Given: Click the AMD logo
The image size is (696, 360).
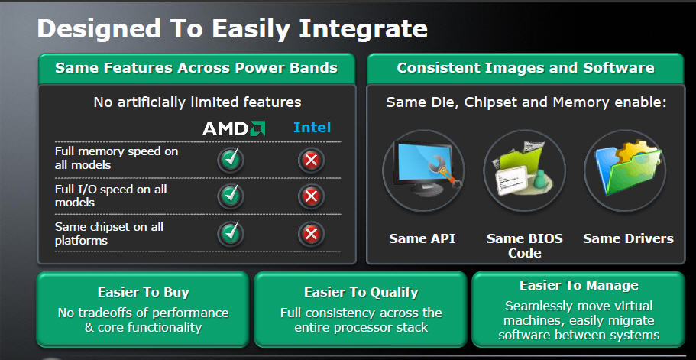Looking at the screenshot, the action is pos(234,128).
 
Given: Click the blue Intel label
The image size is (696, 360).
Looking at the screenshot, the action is pos(312,128).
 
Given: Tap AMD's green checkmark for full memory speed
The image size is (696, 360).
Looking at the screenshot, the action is pos(231,159).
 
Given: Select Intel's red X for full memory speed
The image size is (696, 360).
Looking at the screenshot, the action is pos(311,160).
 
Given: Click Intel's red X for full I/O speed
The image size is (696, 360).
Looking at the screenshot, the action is pos(311,196).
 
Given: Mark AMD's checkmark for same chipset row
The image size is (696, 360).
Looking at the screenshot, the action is pos(231,233).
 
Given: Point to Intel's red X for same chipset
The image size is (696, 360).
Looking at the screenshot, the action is pos(311,234).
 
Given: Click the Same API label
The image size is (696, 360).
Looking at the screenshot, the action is pos(422,238).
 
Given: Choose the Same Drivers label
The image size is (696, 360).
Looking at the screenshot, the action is pos(628,238).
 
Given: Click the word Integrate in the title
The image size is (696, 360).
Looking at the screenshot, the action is pos(363,29).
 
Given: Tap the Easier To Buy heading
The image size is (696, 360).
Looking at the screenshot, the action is pos(144,292).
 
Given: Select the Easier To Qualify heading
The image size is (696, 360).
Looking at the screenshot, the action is pos(361,292).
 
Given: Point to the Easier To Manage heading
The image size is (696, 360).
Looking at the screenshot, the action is pos(579,285).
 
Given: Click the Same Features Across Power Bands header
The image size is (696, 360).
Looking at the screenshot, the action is pos(196,68).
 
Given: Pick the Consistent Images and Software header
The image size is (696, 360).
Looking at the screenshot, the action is pos(525,68).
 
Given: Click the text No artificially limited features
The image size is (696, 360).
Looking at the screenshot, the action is pos(197,102).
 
